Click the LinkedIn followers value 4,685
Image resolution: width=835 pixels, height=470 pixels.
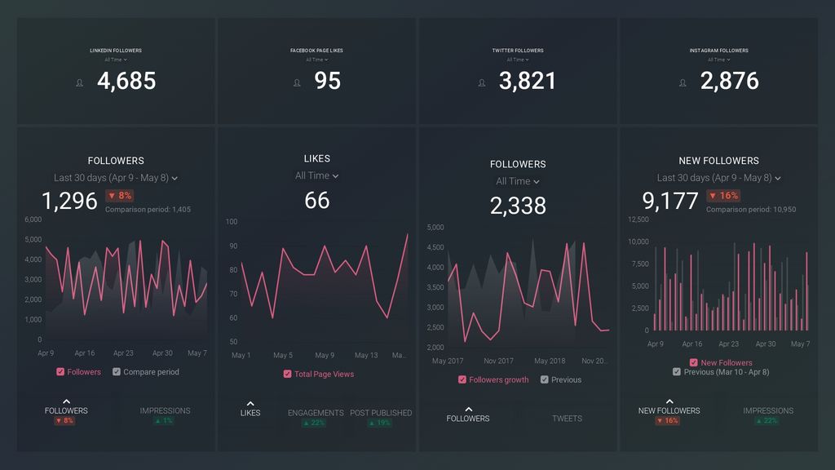tap(126, 81)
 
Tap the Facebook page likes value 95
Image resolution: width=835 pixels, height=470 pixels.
tap(327, 81)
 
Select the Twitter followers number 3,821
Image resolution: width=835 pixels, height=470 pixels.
tap(528, 81)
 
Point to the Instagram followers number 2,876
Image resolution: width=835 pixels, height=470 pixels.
tap(729, 81)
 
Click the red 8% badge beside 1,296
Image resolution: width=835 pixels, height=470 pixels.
tap(119, 196)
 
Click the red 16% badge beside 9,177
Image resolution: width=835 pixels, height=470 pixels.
tap(723, 196)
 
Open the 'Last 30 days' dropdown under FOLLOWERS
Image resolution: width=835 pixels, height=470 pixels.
tap(115, 178)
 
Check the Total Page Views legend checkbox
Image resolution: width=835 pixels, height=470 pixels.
tap(288, 374)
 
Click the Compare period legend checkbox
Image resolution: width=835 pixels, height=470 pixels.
tap(117, 372)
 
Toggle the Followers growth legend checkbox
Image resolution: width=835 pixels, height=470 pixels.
tap(463, 379)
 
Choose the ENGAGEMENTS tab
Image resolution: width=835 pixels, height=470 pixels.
tap(316, 413)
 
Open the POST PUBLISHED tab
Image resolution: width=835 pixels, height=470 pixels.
tap(381, 413)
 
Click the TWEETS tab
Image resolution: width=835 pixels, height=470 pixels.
tap(567, 419)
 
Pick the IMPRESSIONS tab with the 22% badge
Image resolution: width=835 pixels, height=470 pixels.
tap(768, 411)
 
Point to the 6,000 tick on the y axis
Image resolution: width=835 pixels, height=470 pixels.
tap(33, 219)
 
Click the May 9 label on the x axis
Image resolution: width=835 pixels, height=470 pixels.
tap(325, 356)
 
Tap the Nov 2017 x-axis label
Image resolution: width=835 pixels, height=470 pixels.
tap(498, 361)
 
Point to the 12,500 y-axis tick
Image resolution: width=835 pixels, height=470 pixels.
tap(638, 219)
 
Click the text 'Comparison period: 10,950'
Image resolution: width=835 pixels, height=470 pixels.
tap(751, 210)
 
